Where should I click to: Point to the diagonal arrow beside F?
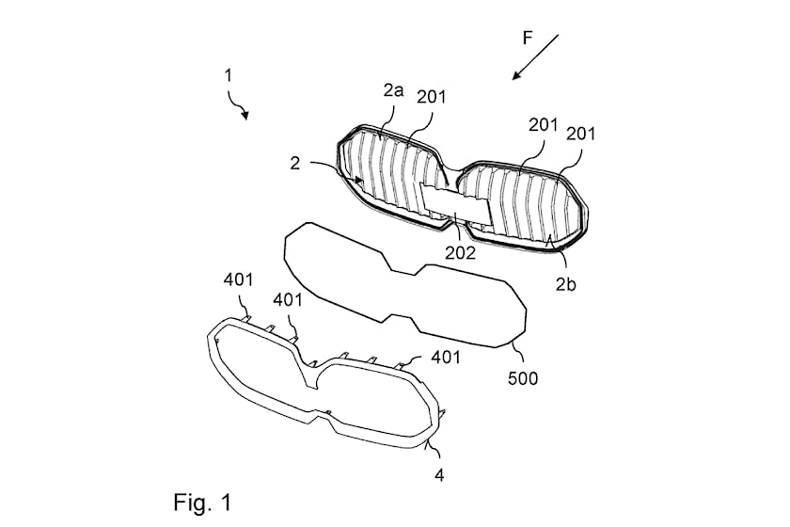click(x=536, y=57)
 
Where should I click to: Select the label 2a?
click(x=394, y=91)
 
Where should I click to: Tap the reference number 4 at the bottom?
click(x=439, y=474)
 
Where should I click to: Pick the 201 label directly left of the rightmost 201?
click(x=544, y=123)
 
